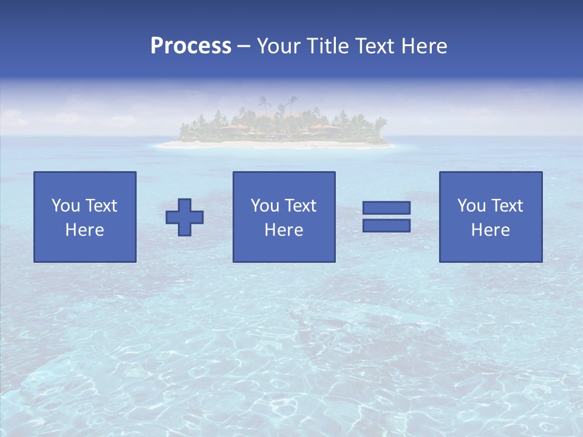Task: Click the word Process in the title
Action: pyautogui.click(x=191, y=46)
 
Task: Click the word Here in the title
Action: pyautogui.click(x=424, y=46)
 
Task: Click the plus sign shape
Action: pyautogui.click(x=185, y=217)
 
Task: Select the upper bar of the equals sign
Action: pyautogui.click(x=386, y=208)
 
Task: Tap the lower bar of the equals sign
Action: pyautogui.click(x=386, y=225)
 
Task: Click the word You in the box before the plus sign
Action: pyautogui.click(x=66, y=206)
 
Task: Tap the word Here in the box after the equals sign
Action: pyautogui.click(x=490, y=230)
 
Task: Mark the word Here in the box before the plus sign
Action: pyautogui.click(x=84, y=230)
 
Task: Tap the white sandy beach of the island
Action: pyautogui.click(x=273, y=145)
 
